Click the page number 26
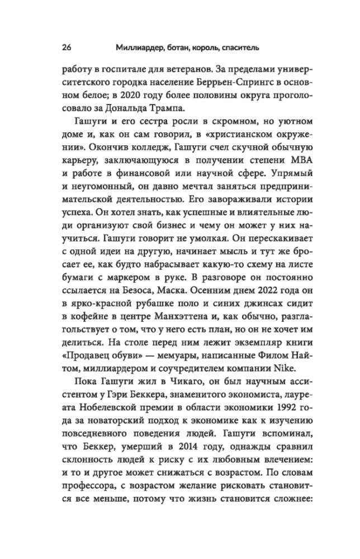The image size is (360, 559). coord(60,48)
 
